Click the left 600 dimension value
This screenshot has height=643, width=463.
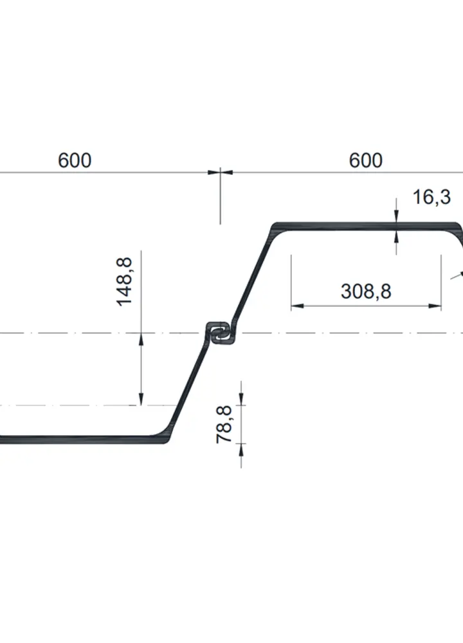coord(75,160)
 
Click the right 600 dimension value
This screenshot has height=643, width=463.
coord(365,160)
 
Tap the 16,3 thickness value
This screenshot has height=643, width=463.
coord(431,197)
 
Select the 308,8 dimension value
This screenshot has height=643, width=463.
coord(366,292)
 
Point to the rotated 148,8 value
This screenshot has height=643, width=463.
coord(124,281)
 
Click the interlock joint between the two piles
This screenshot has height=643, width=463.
coord(219,333)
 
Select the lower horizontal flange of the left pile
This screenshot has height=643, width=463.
coord(77,440)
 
